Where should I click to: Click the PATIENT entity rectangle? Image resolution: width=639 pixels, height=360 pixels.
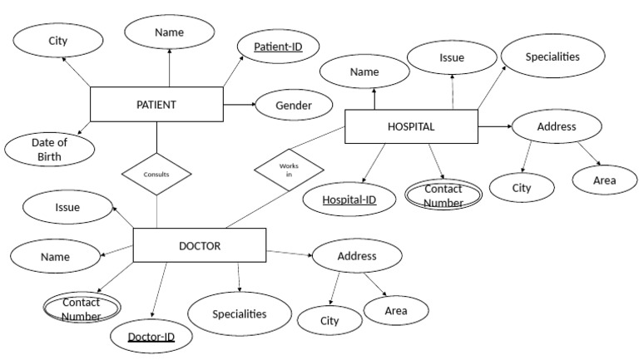coord(156,105)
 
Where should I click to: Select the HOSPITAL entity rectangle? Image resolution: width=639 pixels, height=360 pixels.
coord(411,126)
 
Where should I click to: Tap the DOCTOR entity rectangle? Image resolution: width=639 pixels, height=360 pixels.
coord(200,246)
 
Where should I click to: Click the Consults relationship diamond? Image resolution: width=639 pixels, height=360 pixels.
coord(156,175)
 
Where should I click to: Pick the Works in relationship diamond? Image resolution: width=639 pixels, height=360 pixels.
coord(289,170)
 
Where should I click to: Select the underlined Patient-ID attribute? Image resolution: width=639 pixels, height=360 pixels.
coord(280,47)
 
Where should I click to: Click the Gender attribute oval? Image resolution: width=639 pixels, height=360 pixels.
coord(294,106)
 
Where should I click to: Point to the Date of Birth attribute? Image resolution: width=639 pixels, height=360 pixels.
coord(49,149)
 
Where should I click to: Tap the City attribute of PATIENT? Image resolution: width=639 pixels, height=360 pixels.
coord(57,40)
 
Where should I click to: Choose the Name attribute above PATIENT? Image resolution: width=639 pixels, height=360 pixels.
coord(169,33)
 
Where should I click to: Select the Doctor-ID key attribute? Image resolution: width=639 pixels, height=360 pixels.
coord(151,337)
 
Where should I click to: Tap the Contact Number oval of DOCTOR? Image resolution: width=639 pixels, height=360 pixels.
coord(82,308)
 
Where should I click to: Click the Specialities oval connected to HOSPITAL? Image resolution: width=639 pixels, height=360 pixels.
coord(552,57)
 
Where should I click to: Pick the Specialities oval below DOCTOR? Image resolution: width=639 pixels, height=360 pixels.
coord(240,314)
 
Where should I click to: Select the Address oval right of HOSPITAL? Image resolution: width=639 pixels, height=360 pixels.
coord(557,127)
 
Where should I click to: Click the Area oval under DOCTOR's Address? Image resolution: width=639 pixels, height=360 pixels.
coord(396,311)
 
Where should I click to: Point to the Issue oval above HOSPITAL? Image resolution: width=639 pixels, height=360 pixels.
coord(452,58)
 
